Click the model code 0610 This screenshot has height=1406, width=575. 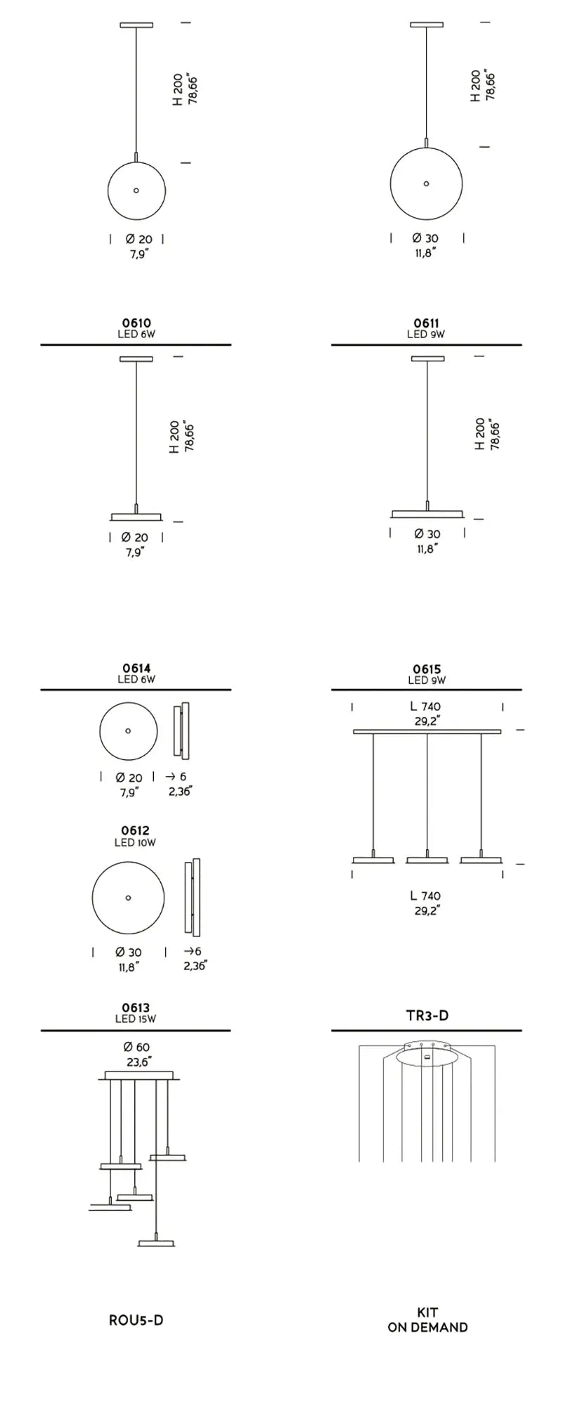point(136,323)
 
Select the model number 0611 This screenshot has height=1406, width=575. point(426,323)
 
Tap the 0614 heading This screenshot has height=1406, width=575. point(136,669)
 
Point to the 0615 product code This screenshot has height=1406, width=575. point(427,669)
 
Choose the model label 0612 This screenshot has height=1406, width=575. point(135,831)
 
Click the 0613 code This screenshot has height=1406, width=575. point(136,1008)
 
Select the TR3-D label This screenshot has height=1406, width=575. point(427,1015)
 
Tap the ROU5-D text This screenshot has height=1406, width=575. point(136,1320)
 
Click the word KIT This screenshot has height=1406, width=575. point(427,1313)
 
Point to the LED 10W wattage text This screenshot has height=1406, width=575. point(135,842)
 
